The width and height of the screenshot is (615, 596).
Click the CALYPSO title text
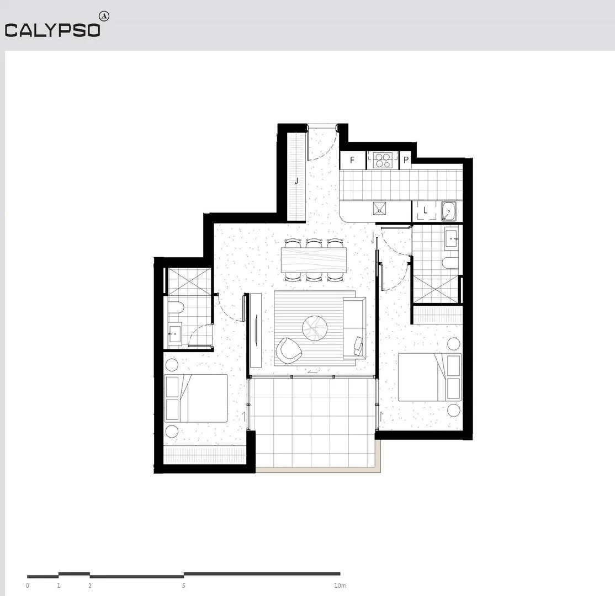[52, 30]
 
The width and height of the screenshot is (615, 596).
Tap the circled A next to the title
[103, 16]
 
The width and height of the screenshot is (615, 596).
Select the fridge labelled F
[352, 161]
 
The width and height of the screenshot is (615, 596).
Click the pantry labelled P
[406, 161]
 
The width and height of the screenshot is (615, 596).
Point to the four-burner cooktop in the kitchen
[383, 160]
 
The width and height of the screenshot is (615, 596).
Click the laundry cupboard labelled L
[425, 210]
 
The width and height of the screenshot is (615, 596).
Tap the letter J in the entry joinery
[296, 180]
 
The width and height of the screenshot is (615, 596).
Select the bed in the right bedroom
[429, 377]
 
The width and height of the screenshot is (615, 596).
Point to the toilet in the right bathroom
[450, 263]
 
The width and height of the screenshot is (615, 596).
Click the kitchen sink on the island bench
[380, 209]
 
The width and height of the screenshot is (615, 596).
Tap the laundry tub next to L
[448, 211]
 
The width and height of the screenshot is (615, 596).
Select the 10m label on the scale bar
[340, 586]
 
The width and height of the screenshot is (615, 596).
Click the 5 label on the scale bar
[184, 586]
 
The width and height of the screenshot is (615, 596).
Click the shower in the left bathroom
[188, 282]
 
